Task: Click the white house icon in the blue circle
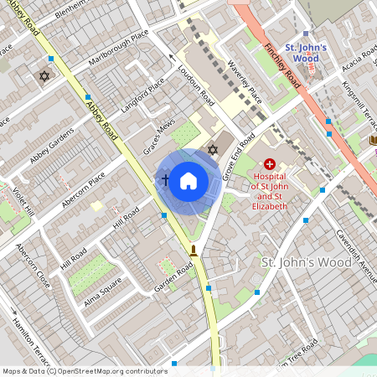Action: point(188,180)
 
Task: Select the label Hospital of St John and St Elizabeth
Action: point(269,192)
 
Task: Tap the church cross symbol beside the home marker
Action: point(165,180)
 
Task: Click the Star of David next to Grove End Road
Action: point(213,150)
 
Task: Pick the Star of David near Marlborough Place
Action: point(44,76)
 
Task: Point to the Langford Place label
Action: point(142,97)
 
